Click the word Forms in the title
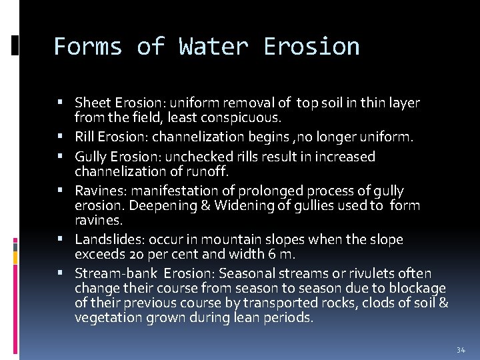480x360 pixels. [x=87, y=47]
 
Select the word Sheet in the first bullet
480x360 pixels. [x=93, y=103]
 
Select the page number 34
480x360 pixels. [x=461, y=350]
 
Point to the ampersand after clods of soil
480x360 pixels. [x=443, y=303]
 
